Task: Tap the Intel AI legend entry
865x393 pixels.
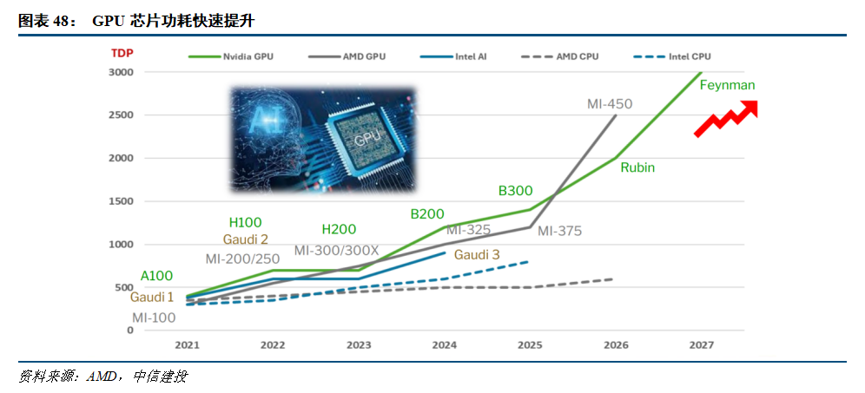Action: pos(470,56)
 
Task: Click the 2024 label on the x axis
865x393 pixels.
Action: pos(444,345)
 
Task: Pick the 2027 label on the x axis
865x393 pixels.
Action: pos(701,345)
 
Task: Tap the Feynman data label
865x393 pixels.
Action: pos(727,85)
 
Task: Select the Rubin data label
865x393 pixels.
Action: pos(637,167)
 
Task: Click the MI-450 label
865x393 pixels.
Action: pos(609,104)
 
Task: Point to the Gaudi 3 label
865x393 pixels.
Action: pos(477,255)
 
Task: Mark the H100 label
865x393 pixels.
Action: pos(245,223)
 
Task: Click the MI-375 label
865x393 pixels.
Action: pos(559,231)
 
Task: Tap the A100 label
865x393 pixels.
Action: pos(156,276)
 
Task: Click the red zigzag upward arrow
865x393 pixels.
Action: pos(726,119)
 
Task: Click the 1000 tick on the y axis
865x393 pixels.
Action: pos(121,245)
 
